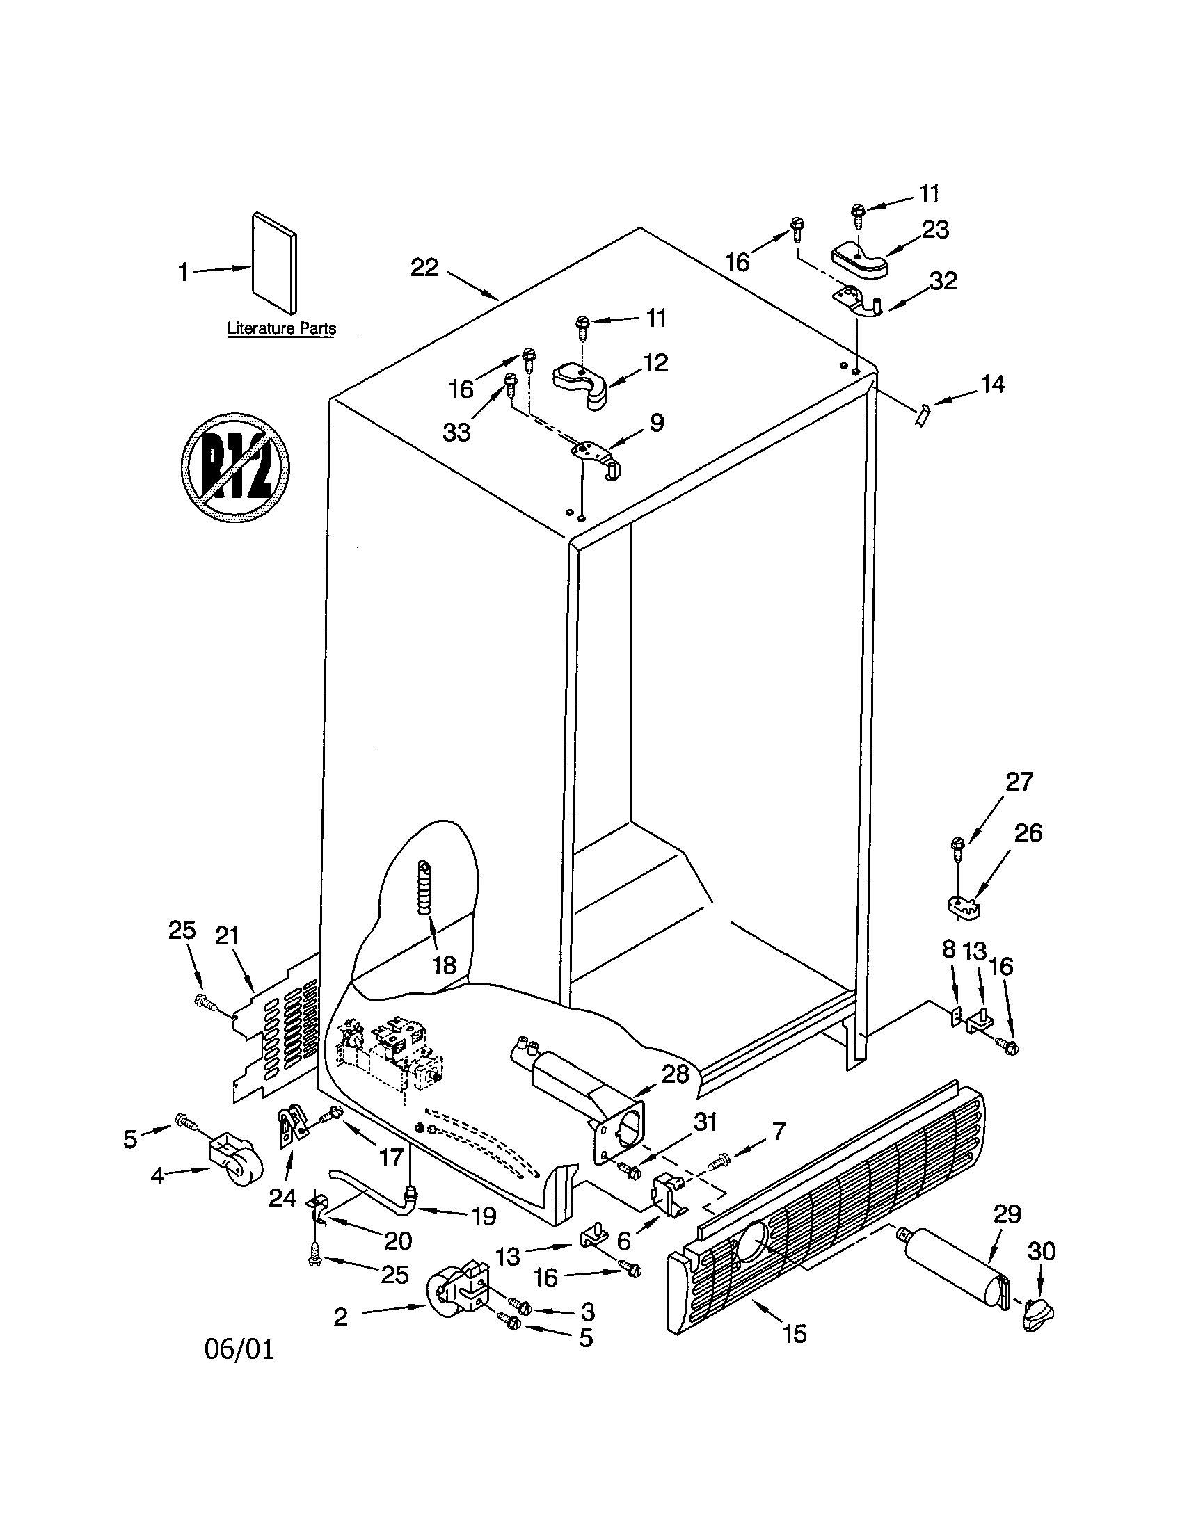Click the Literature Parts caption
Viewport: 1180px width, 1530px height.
(281, 328)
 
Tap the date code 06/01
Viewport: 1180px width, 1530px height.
(239, 1349)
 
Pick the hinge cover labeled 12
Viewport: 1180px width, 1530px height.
(582, 383)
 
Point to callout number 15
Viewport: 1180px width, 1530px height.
(794, 1333)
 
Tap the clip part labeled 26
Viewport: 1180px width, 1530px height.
(961, 905)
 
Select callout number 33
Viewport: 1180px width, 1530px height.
(456, 433)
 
